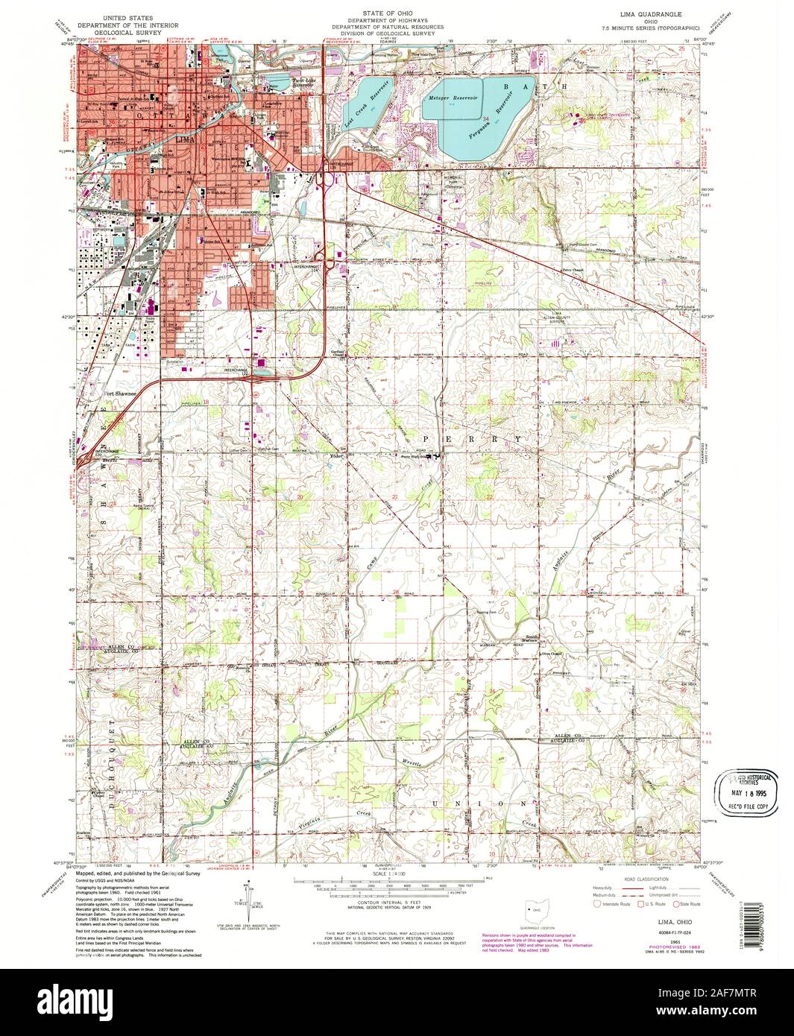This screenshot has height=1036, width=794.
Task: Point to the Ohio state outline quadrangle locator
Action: coord(535,910)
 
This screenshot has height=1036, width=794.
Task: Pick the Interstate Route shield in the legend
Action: coord(596,904)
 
